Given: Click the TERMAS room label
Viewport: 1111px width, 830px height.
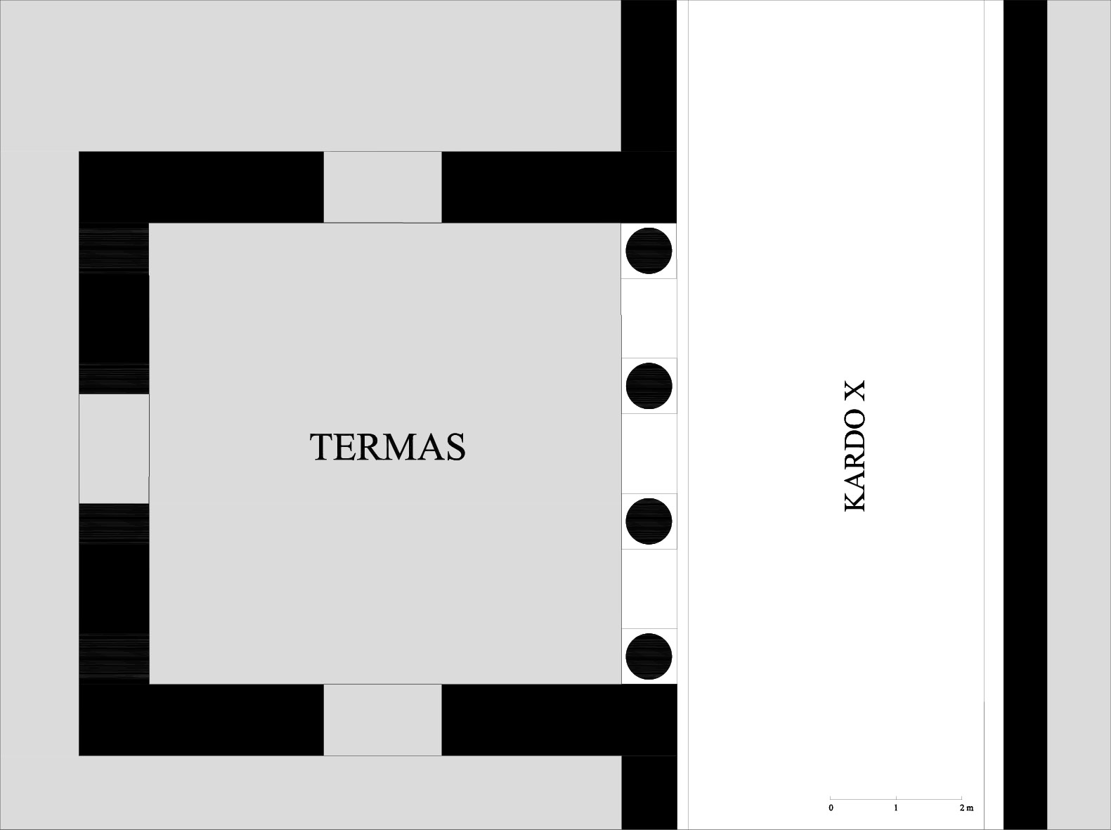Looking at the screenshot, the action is coord(388,447).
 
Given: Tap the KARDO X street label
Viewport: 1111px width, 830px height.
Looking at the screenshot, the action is coord(855,446).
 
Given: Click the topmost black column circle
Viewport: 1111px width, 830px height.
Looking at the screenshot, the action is coord(649,250).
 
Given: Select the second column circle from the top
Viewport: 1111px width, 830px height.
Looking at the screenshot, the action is coord(649,386).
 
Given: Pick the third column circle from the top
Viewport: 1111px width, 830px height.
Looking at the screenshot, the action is coord(649,521).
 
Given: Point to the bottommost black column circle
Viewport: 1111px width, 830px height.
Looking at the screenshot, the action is coord(649,656).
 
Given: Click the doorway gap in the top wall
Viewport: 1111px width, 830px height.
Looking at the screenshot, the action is coord(383,187).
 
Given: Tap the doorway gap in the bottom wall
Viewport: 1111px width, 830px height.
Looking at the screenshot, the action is coord(383,720).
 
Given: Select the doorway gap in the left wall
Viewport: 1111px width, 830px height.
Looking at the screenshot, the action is coord(114,449).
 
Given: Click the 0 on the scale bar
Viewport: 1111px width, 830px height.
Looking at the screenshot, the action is coord(831,808).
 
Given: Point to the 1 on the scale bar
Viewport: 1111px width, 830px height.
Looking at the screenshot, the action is coord(896,808).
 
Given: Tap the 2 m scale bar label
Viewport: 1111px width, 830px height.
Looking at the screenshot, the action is coord(966,808).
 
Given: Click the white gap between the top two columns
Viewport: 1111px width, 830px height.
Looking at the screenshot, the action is coord(649,318).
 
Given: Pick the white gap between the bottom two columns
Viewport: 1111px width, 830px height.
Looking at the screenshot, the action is coord(649,589).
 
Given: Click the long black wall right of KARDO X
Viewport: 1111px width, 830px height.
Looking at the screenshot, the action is coord(1025,415).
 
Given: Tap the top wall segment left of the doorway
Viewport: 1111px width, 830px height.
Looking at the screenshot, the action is coord(202,187).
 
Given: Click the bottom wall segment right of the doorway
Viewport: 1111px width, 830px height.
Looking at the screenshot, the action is coord(559,720).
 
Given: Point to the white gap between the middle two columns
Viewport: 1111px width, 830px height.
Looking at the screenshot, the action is coord(649,453).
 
